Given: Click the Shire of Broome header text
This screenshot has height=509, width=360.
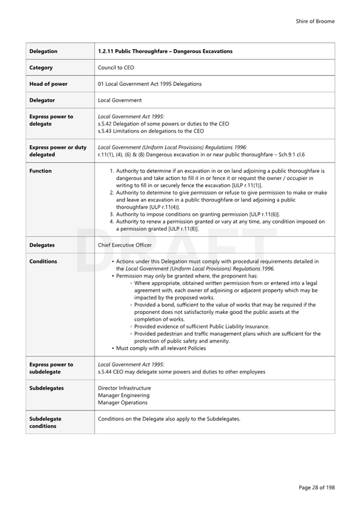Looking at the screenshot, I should point(315,21).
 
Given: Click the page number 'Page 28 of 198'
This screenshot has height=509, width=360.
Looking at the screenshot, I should point(316,488).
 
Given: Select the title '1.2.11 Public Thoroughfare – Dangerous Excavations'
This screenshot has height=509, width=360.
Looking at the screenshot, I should point(165,51).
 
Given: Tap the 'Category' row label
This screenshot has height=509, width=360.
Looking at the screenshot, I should point(41,68).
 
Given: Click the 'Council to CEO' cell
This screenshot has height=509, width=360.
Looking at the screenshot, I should point(116,68).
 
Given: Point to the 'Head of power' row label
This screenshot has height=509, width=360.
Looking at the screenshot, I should point(49,84).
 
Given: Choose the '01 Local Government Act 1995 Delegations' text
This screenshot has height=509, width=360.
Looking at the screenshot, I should point(149,84).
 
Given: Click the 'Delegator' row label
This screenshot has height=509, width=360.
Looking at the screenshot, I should point(42,100).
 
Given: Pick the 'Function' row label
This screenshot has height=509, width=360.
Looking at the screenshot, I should point(41,171).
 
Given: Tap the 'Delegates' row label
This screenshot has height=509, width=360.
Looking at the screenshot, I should point(42,245).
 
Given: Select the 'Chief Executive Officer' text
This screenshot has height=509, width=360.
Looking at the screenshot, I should point(125,245).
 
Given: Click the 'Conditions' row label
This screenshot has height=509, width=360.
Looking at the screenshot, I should point(43,262).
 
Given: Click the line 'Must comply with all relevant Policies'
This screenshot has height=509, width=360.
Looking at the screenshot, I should point(160,348).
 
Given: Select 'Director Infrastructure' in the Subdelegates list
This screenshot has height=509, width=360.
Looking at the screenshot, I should point(124,388).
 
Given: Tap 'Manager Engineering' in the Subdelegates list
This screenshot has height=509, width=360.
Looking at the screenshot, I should point(123,396).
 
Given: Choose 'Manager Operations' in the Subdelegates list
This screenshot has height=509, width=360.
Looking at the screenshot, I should point(123,403).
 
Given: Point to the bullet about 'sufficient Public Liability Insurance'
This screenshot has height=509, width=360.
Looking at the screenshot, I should point(202,326).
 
